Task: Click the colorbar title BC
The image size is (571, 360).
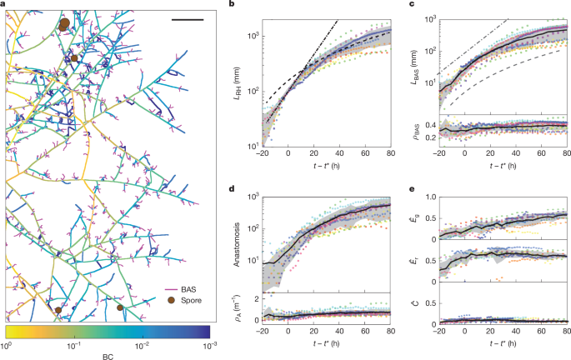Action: (x=107, y=355)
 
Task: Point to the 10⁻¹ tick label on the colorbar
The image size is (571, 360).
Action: (x=73, y=343)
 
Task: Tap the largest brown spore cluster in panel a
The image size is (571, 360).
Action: (x=63, y=26)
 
